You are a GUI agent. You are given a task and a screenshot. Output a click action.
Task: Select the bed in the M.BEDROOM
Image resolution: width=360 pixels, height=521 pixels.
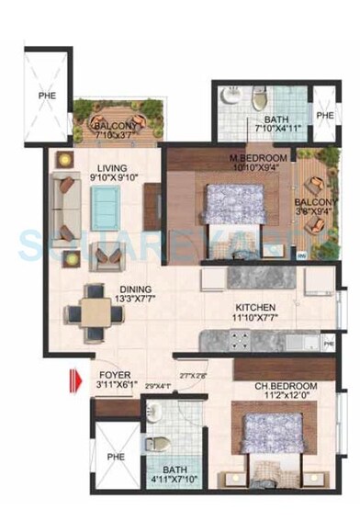pos(234,203)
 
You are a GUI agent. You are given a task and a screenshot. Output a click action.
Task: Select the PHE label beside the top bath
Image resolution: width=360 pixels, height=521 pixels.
pos(323,115)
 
